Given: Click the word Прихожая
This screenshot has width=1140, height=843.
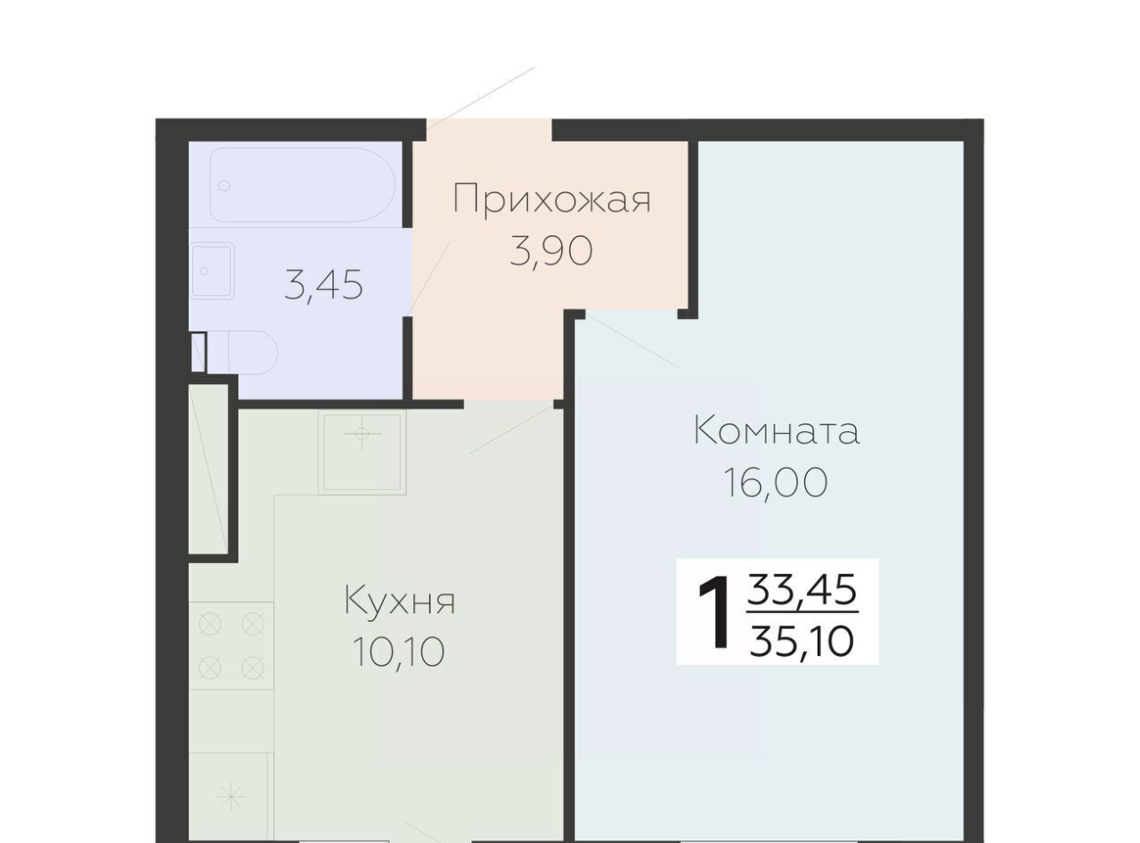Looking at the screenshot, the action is tap(551, 199).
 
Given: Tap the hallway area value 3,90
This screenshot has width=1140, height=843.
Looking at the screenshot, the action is tap(551, 251).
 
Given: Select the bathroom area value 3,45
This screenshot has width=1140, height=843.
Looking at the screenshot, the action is tap(323, 285).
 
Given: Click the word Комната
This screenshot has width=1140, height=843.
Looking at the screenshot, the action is tap(776, 431).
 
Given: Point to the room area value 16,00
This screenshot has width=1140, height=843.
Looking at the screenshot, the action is tap(776, 482).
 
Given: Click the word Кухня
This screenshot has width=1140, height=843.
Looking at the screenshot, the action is tap(399, 600).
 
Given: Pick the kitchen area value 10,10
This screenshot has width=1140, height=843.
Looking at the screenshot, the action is tap(399, 651).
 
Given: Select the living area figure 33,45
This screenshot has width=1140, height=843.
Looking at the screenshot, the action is tap(802, 589).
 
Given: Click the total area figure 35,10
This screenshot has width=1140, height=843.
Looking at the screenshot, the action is tap(802, 642).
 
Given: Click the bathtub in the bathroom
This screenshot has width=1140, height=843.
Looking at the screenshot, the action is tap(302, 184).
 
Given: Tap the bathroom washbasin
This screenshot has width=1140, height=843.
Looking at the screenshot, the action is tap(212, 271).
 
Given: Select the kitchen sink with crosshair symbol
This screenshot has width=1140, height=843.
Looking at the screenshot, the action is tap(362, 452).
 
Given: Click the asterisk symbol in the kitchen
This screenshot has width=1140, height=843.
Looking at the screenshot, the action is tap(231, 797).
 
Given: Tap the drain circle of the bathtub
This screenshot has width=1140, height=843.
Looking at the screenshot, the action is tap(224, 185).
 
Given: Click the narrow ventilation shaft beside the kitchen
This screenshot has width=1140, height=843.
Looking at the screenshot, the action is tap(208, 469).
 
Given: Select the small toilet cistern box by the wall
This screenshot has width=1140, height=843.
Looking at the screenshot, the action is tap(199, 352).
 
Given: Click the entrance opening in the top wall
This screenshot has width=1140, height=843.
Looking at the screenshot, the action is tap(489, 129).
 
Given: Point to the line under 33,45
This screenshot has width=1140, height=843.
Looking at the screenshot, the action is tap(802, 612).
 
